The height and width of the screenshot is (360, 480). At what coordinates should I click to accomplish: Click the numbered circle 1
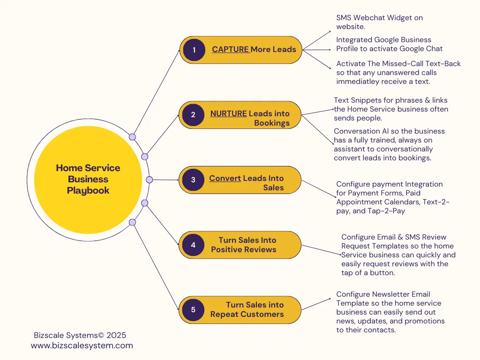pyautogui.click(x=194, y=50)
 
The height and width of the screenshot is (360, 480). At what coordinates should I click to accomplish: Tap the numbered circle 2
pyautogui.click(x=193, y=115)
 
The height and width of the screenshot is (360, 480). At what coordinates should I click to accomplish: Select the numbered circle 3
pyautogui.click(x=193, y=180)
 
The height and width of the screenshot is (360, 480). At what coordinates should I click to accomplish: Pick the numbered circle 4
pyautogui.click(x=193, y=245)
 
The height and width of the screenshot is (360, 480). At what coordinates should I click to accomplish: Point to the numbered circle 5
pyautogui.click(x=193, y=310)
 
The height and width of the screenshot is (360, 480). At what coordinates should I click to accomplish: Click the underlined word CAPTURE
pyautogui.click(x=230, y=49)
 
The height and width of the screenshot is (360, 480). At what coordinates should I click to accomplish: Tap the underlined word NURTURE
pyautogui.click(x=228, y=113)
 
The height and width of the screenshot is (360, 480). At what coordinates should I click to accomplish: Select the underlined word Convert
pyautogui.click(x=225, y=178)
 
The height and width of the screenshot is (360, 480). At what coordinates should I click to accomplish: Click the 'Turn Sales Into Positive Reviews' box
pyautogui.click(x=240, y=245)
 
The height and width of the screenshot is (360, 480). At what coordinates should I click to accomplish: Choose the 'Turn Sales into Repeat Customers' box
pyautogui.click(x=240, y=310)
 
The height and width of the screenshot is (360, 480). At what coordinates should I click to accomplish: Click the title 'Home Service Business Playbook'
pyautogui.click(x=88, y=179)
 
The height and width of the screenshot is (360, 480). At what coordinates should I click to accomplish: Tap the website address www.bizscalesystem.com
pyautogui.click(x=82, y=345)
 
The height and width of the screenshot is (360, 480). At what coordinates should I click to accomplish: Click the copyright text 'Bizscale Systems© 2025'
pyautogui.click(x=80, y=335)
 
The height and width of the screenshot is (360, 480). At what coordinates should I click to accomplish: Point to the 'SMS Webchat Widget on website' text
pyautogui.click(x=380, y=22)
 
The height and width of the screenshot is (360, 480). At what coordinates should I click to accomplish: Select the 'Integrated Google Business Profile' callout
pyautogui.click(x=390, y=44)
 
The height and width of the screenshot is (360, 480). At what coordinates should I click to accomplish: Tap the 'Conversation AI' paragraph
pyautogui.click(x=390, y=144)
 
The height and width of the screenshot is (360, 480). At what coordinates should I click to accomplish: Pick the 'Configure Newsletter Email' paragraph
pyautogui.click(x=390, y=312)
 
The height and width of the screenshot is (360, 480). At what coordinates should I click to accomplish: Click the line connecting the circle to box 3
pyautogui.click(x=165, y=180)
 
